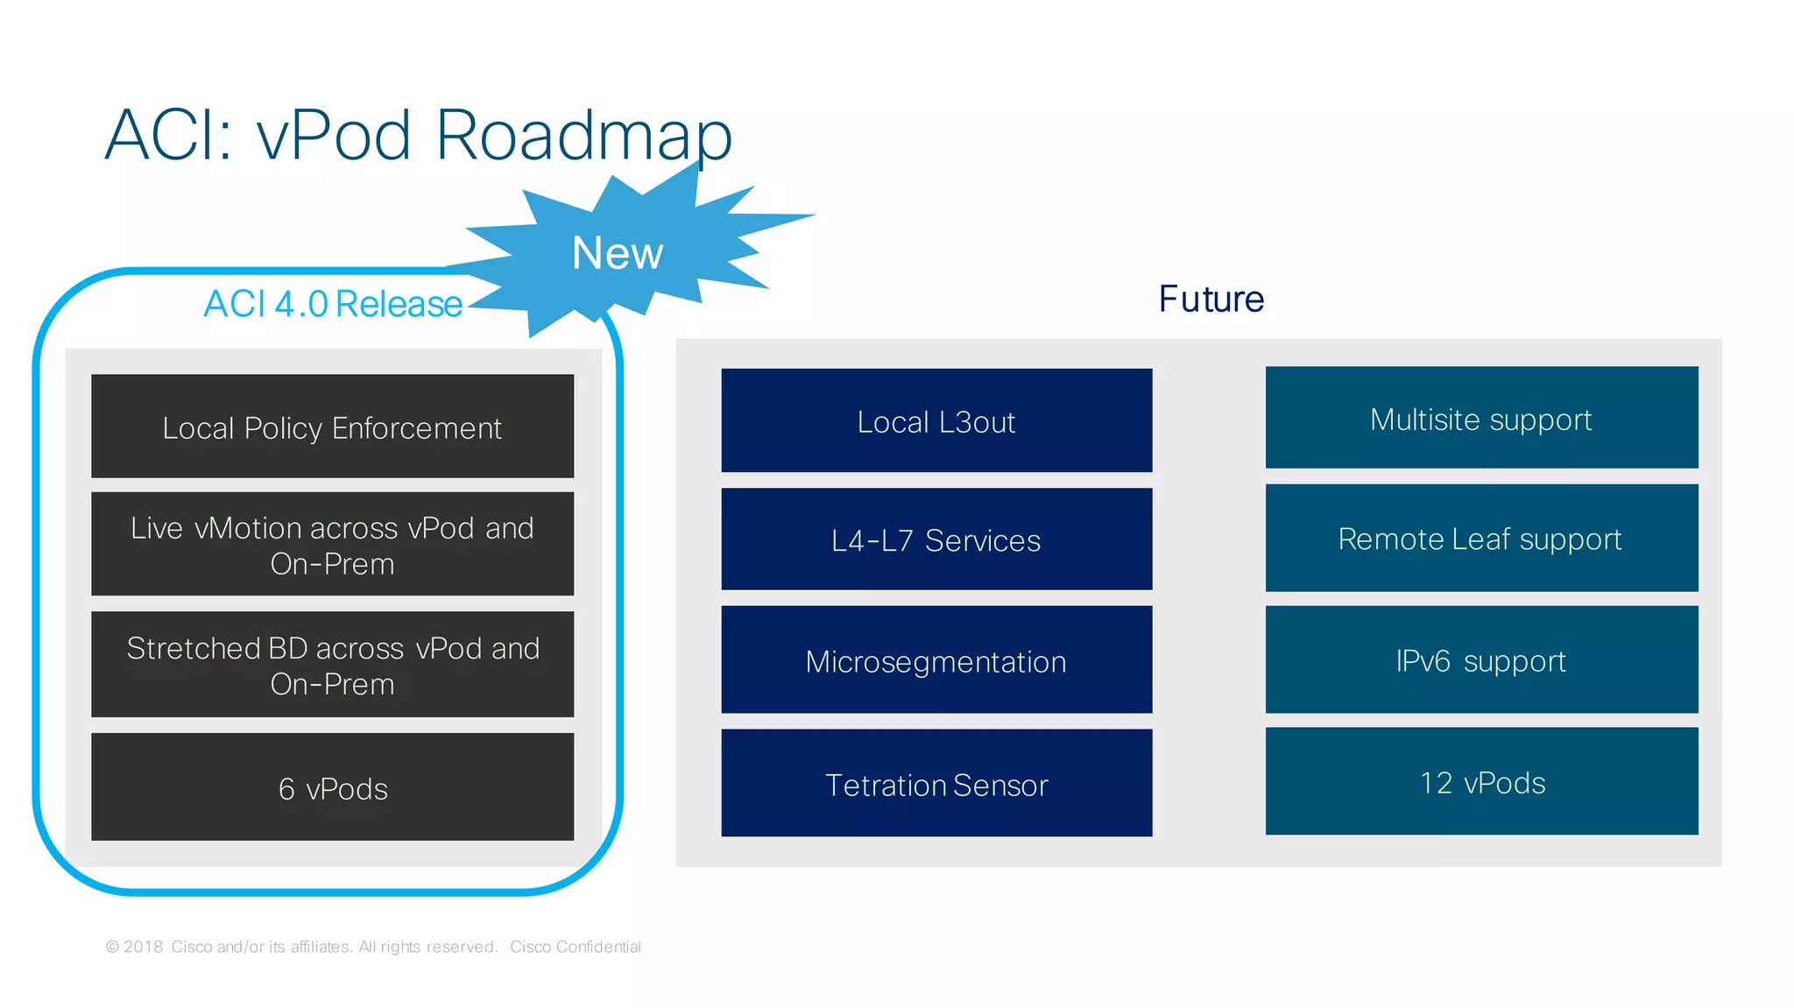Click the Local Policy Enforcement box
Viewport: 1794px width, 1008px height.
[332, 426]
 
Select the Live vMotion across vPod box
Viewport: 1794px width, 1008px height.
[332, 544]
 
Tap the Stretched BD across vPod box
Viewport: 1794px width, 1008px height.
[332, 665]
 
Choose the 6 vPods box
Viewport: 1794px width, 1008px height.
[332, 787]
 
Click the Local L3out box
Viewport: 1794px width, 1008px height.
[936, 421]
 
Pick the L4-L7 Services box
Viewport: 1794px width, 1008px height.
[936, 539]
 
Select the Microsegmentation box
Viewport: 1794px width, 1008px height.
[936, 660]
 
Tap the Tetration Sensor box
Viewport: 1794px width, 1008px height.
[936, 784]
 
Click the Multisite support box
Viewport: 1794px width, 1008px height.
[1481, 419]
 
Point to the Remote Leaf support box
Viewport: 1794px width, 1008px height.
[1481, 539]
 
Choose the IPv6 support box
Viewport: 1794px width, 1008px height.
[1481, 660]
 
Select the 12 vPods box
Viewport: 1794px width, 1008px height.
[1481, 782]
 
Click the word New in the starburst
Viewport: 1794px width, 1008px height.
[618, 253]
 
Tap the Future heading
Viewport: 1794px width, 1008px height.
[1211, 300]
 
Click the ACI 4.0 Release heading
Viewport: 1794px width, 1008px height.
[333, 304]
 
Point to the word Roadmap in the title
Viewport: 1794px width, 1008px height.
[583, 136]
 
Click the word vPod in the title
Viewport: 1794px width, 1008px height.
[334, 136]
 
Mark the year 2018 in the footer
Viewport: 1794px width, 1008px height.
[144, 947]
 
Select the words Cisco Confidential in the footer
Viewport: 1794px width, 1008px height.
[576, 947]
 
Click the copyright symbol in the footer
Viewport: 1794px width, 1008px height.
[112, 947]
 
